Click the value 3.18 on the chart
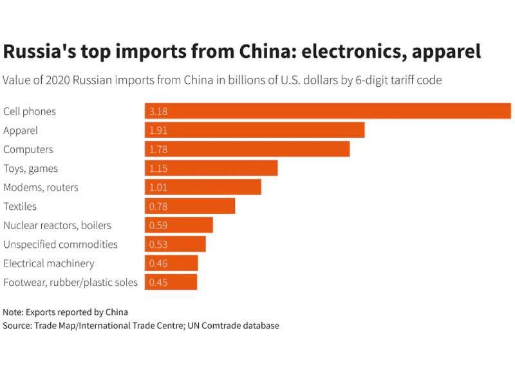[x=158, y=111]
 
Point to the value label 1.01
[x=158, y=187]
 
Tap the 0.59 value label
[x=158, y=225]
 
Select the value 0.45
[x=158, y=283]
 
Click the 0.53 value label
[x=158, y=245]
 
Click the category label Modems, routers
[x=41, y=187]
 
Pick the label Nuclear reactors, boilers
[x=57, y=225]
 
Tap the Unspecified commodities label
[x=61, y=245]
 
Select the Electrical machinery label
[x=49, y=263]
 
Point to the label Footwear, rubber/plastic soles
[x=71, y=283]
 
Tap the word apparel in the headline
[x=444, y=51]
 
